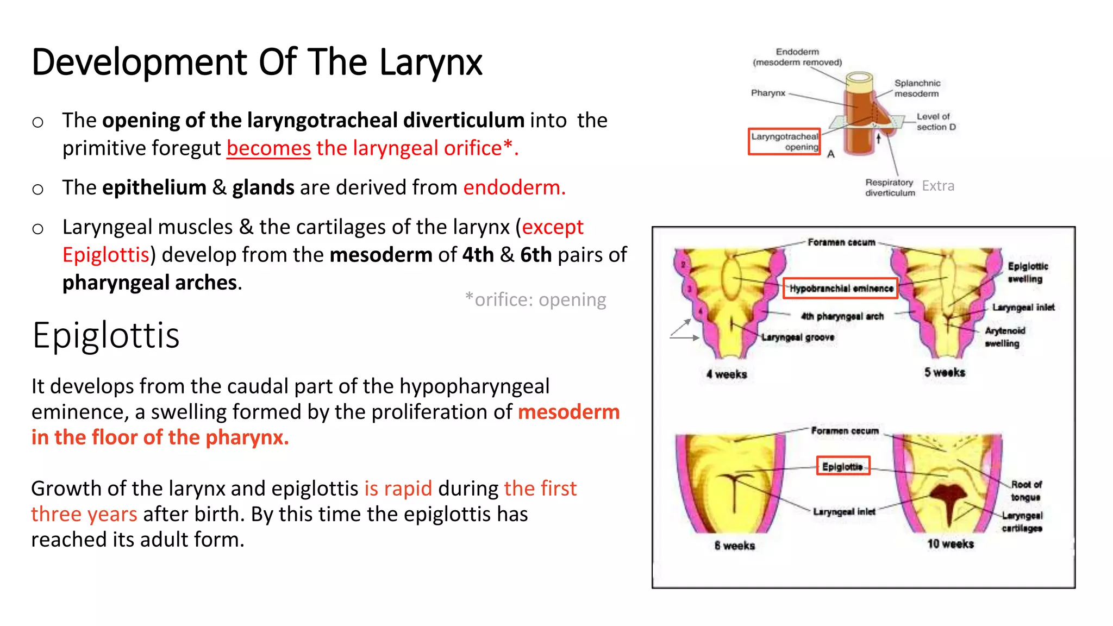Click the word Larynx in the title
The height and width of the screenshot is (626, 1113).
pos(430,62)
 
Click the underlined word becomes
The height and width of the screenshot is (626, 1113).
pos(268,148)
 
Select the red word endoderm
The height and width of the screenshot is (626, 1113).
pos(514,187)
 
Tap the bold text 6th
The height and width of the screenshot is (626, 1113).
pos(535,255)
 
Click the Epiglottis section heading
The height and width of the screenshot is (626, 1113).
pos(106,335)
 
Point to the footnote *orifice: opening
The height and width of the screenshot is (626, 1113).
pos(535,299)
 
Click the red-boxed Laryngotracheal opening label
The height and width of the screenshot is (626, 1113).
pos(784,142)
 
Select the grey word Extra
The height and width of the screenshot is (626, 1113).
pos(938,186)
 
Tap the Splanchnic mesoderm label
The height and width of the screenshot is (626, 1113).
pos(917,89)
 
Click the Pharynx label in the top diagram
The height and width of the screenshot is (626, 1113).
pos(768,93)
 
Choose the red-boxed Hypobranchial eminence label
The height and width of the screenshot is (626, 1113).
pos(841,289)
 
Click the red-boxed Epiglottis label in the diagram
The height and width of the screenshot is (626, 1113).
pos(843,466)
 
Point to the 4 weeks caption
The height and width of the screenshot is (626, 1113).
pos(727,374)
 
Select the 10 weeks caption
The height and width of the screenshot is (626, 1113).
pos(950,544)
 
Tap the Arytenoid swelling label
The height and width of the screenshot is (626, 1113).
pos(1004,337)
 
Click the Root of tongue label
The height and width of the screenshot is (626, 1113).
pos(1026,491)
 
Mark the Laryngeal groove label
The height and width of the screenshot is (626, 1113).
pos(798,337)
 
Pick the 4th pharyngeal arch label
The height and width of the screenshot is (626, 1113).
pos(842,316)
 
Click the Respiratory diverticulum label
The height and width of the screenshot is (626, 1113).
pos(890,187)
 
